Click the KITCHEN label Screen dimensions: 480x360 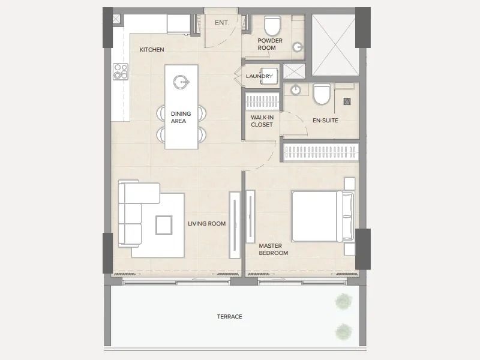pyautogui.click(x=152, y=50)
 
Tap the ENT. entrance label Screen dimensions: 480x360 pyautogui.click(x=222, y=23)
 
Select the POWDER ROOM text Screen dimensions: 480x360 pyautogui.click(x=269, y=44)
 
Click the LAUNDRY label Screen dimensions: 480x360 pyautogui.click(x=259, y=76)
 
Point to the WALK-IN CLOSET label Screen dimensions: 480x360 pyautogui.click(x=262, y=121)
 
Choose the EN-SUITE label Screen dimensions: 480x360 pyautogui.click(x=325, y=121)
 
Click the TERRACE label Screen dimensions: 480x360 pyautogui.click(x=230, y=317)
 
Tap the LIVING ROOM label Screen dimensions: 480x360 pyautogui.click(x=206, y=224)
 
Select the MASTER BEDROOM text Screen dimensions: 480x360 pyautogui.click(x=274, y=249)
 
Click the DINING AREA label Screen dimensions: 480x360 pyautogui.click(x=181, y=117)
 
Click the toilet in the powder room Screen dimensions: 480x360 pyautogui.click(x=272, y=26)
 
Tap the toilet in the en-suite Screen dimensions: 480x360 pyautogui.click(x=322, y=94)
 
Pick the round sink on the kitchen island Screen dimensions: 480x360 pyautogui.click(x=181, y=82)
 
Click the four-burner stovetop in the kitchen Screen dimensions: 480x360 pyautogui.click(x=121, y=71)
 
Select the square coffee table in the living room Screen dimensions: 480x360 pyautogui.click(x=164, y=226)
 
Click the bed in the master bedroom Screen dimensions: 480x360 pyautogui.click(x=323, y=216)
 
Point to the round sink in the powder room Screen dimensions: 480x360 pyautogui.click(x=298, y=47)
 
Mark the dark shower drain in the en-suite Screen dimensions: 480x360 pyautogui.click(x=347, y=101)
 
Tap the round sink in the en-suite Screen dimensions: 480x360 pyautogui.click(x=295, y=90)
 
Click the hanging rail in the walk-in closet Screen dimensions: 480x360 pyautogui.click(x=262, y=101)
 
